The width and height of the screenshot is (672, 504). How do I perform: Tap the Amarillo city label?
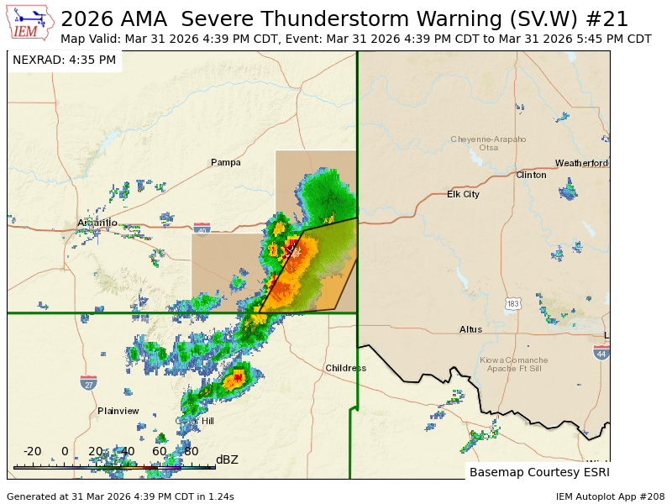[x=97, y=223]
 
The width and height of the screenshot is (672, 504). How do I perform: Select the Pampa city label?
[x=225, y=162]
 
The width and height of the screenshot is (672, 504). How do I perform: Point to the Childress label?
[x=345, y=368]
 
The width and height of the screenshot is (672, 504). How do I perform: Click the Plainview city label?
[x=118, y=411]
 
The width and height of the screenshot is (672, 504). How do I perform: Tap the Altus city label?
[x=470, y=329]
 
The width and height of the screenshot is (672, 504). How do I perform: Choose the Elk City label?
[x=463, y=194]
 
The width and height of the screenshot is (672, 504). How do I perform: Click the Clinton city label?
[x=531, y=175]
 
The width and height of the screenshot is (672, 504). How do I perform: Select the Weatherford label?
[x=581, y=163]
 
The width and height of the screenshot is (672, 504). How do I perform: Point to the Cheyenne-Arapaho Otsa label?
[x=488, y=143]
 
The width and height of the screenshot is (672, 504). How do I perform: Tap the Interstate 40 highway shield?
[x=202, y=228]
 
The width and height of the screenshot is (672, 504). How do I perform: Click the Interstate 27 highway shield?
[x=88, y=383]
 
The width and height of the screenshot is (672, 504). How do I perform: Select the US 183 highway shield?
[x=513, y=302]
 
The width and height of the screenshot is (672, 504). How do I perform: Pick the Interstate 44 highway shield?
[x=601, y=353]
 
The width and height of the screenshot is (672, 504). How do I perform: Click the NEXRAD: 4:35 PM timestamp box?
[x=65, y=60]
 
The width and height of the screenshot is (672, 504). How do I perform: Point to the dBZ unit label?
[x=227, y=459]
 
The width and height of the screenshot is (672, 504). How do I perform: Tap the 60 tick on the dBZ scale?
[x=159, y=451]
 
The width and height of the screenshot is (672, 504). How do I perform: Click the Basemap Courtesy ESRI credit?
[x=538, y=471]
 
